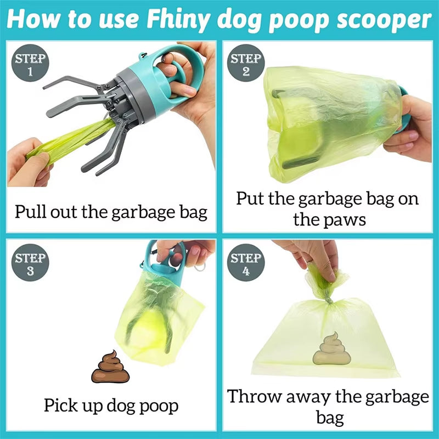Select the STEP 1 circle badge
[x=30, y=65]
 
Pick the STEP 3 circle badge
[x=30, y=263]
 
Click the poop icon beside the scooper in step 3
[x=110, y=368]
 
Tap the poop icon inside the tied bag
[x=331, y=349]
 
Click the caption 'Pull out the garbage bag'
[x=111, y=212]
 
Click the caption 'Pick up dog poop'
[x=111, y=406]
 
